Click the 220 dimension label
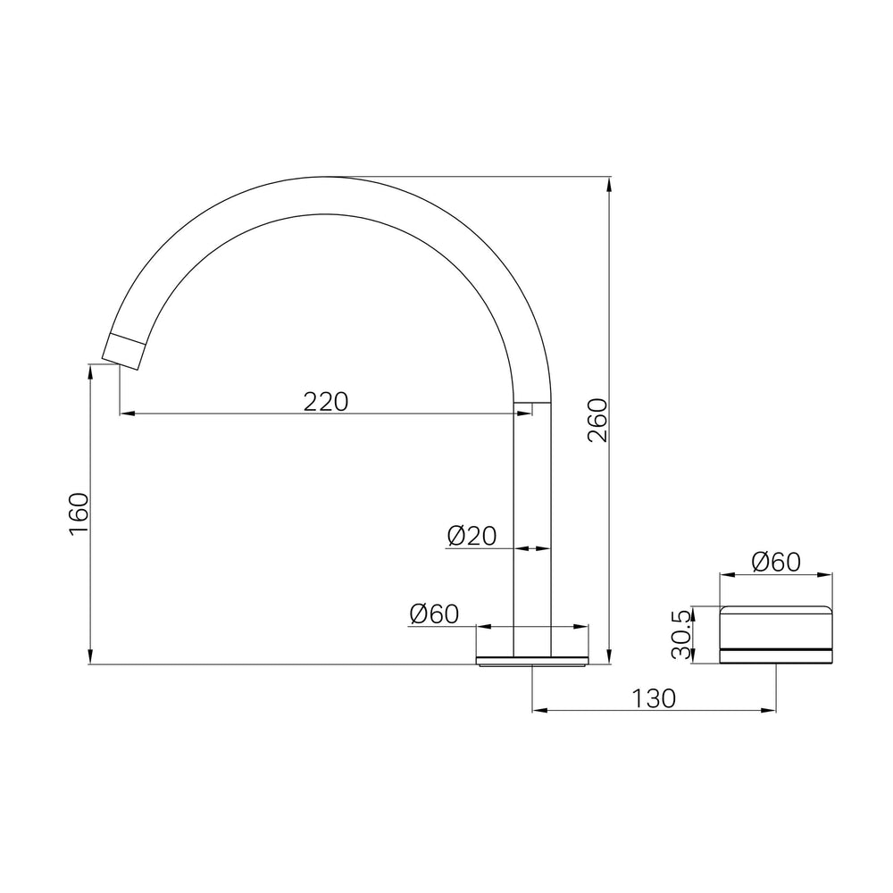point(325,402)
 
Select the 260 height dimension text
point(598,421)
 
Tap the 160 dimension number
point(79,513)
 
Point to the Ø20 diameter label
point(472,536)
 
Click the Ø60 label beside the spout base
point(434,614)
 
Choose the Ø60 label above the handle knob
point(776,562)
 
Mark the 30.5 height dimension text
point(681,634)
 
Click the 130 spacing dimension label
point(654,698)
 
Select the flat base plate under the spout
point(532,661)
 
